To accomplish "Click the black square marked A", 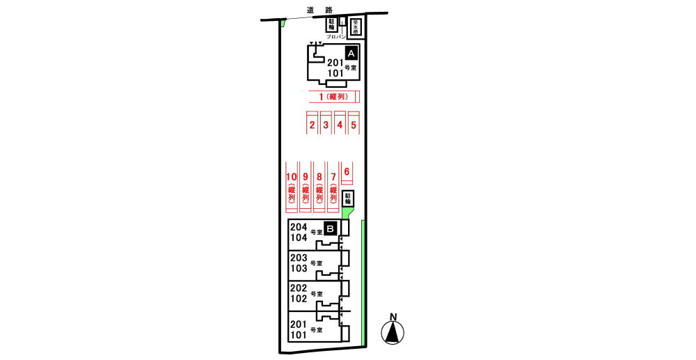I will pos(351,53).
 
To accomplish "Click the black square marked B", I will pos(331,227).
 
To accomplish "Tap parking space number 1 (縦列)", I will pos(333,97).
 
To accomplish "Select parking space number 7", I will pos(333,188).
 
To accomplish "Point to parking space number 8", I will pos(319,188).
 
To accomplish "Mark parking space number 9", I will pos(306,188).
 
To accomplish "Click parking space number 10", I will pos(292,188).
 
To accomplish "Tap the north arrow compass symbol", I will pos(393,331).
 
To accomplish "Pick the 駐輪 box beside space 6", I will pos(349,199).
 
